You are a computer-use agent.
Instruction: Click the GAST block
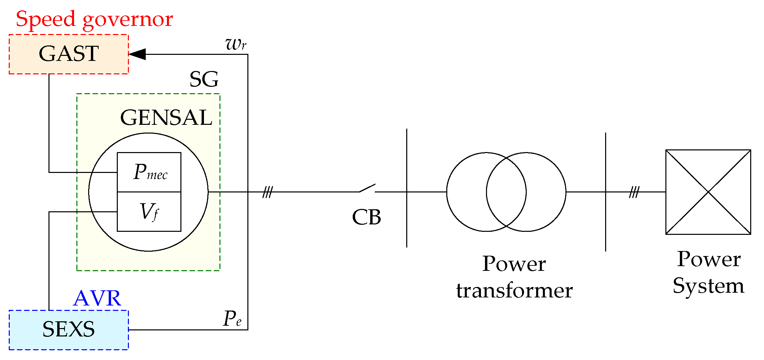pyautogui.click(x=69, y=54)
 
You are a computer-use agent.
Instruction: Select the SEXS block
pyautogui.click(x=69, y=330)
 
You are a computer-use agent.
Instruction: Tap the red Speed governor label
pyautogui.click(x=94, y=19)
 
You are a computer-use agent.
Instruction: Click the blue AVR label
pyautogui.click(x=97, y=298)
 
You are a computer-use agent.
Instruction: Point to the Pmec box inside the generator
pyautogui.click(x=149, y=172)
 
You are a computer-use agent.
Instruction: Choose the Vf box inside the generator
pyautogui.click(x=149, y=212)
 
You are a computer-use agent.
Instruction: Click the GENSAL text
pyautogui.click(x=166, y=118)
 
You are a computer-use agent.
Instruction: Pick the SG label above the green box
pyautogui.click(x=204, y=79)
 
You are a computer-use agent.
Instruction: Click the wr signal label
pyautogui.click(x=236, y=44)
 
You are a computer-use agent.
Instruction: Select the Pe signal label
pyautogui.click(x=233, y=318)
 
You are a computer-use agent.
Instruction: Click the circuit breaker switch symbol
pyautogui.click(x=367, y=188)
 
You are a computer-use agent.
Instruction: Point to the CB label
pyautogui.click(x=367, y=217)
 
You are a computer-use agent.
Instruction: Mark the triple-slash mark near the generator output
pyautogui.click(x=268, y=192)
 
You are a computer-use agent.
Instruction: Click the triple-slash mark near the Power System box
pyautogui.click(x=634, y=192)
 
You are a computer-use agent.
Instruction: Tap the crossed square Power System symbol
pyautogui.click(x=708, y=192)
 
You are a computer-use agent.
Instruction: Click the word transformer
pyautogui.click(x=514, y=291)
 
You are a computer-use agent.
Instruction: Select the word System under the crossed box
pyautogui.click(x=708, y=286)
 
